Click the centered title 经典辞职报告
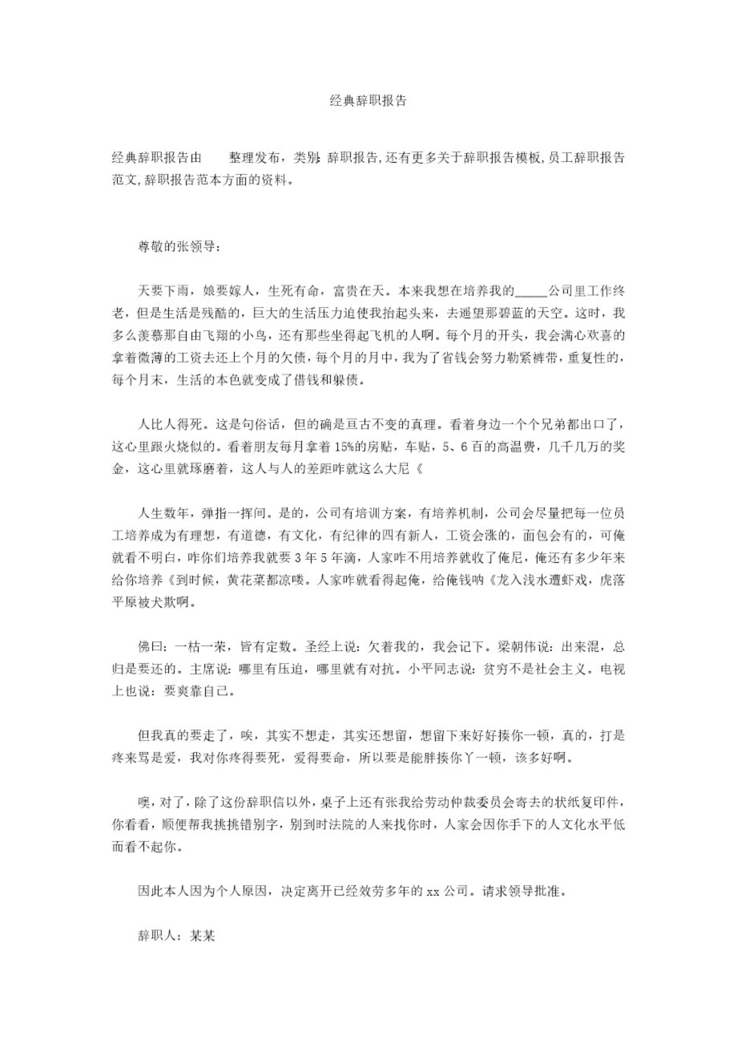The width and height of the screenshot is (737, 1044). coord(368,101)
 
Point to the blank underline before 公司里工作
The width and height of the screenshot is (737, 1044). coord(531,292)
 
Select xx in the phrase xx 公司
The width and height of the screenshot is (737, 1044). coord(433,891)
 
